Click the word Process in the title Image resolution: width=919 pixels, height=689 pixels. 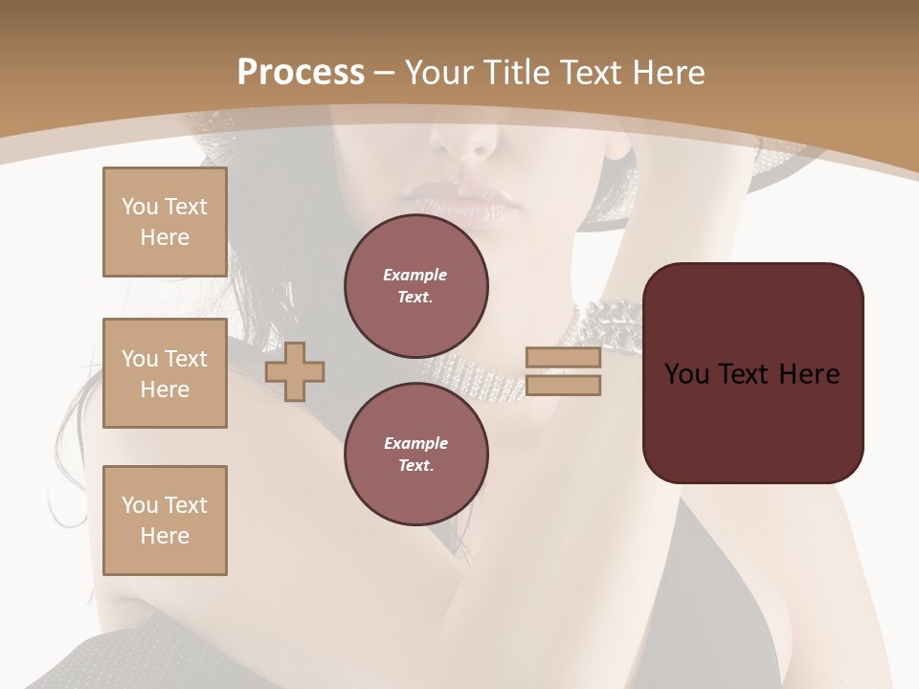tap(301, 73)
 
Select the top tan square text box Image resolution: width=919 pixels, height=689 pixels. tap(165, 222)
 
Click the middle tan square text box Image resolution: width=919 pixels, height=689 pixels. tap(165, 373)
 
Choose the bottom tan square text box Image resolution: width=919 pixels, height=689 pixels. tap(165, 521)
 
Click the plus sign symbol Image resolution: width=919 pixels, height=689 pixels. tap(295, 371)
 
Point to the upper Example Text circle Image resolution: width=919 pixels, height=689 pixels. tap(415, 285)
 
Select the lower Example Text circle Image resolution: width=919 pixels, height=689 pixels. tap(415, 454)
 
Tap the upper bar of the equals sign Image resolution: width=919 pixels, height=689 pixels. tap(563, 357)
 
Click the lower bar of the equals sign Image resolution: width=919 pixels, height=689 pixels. tap(563, 385)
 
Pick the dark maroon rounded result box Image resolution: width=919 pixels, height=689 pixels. tap(752, 373)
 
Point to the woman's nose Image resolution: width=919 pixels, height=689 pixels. tap(466, 144)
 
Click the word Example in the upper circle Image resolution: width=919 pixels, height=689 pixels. tap(415, 275)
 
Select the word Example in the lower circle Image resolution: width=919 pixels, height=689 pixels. tap(415, 443)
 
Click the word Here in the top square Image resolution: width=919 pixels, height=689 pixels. tap(165, 237)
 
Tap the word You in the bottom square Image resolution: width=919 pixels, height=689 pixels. tap(140, 505)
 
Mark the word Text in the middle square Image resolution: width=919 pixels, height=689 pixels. tap(185, 359)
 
